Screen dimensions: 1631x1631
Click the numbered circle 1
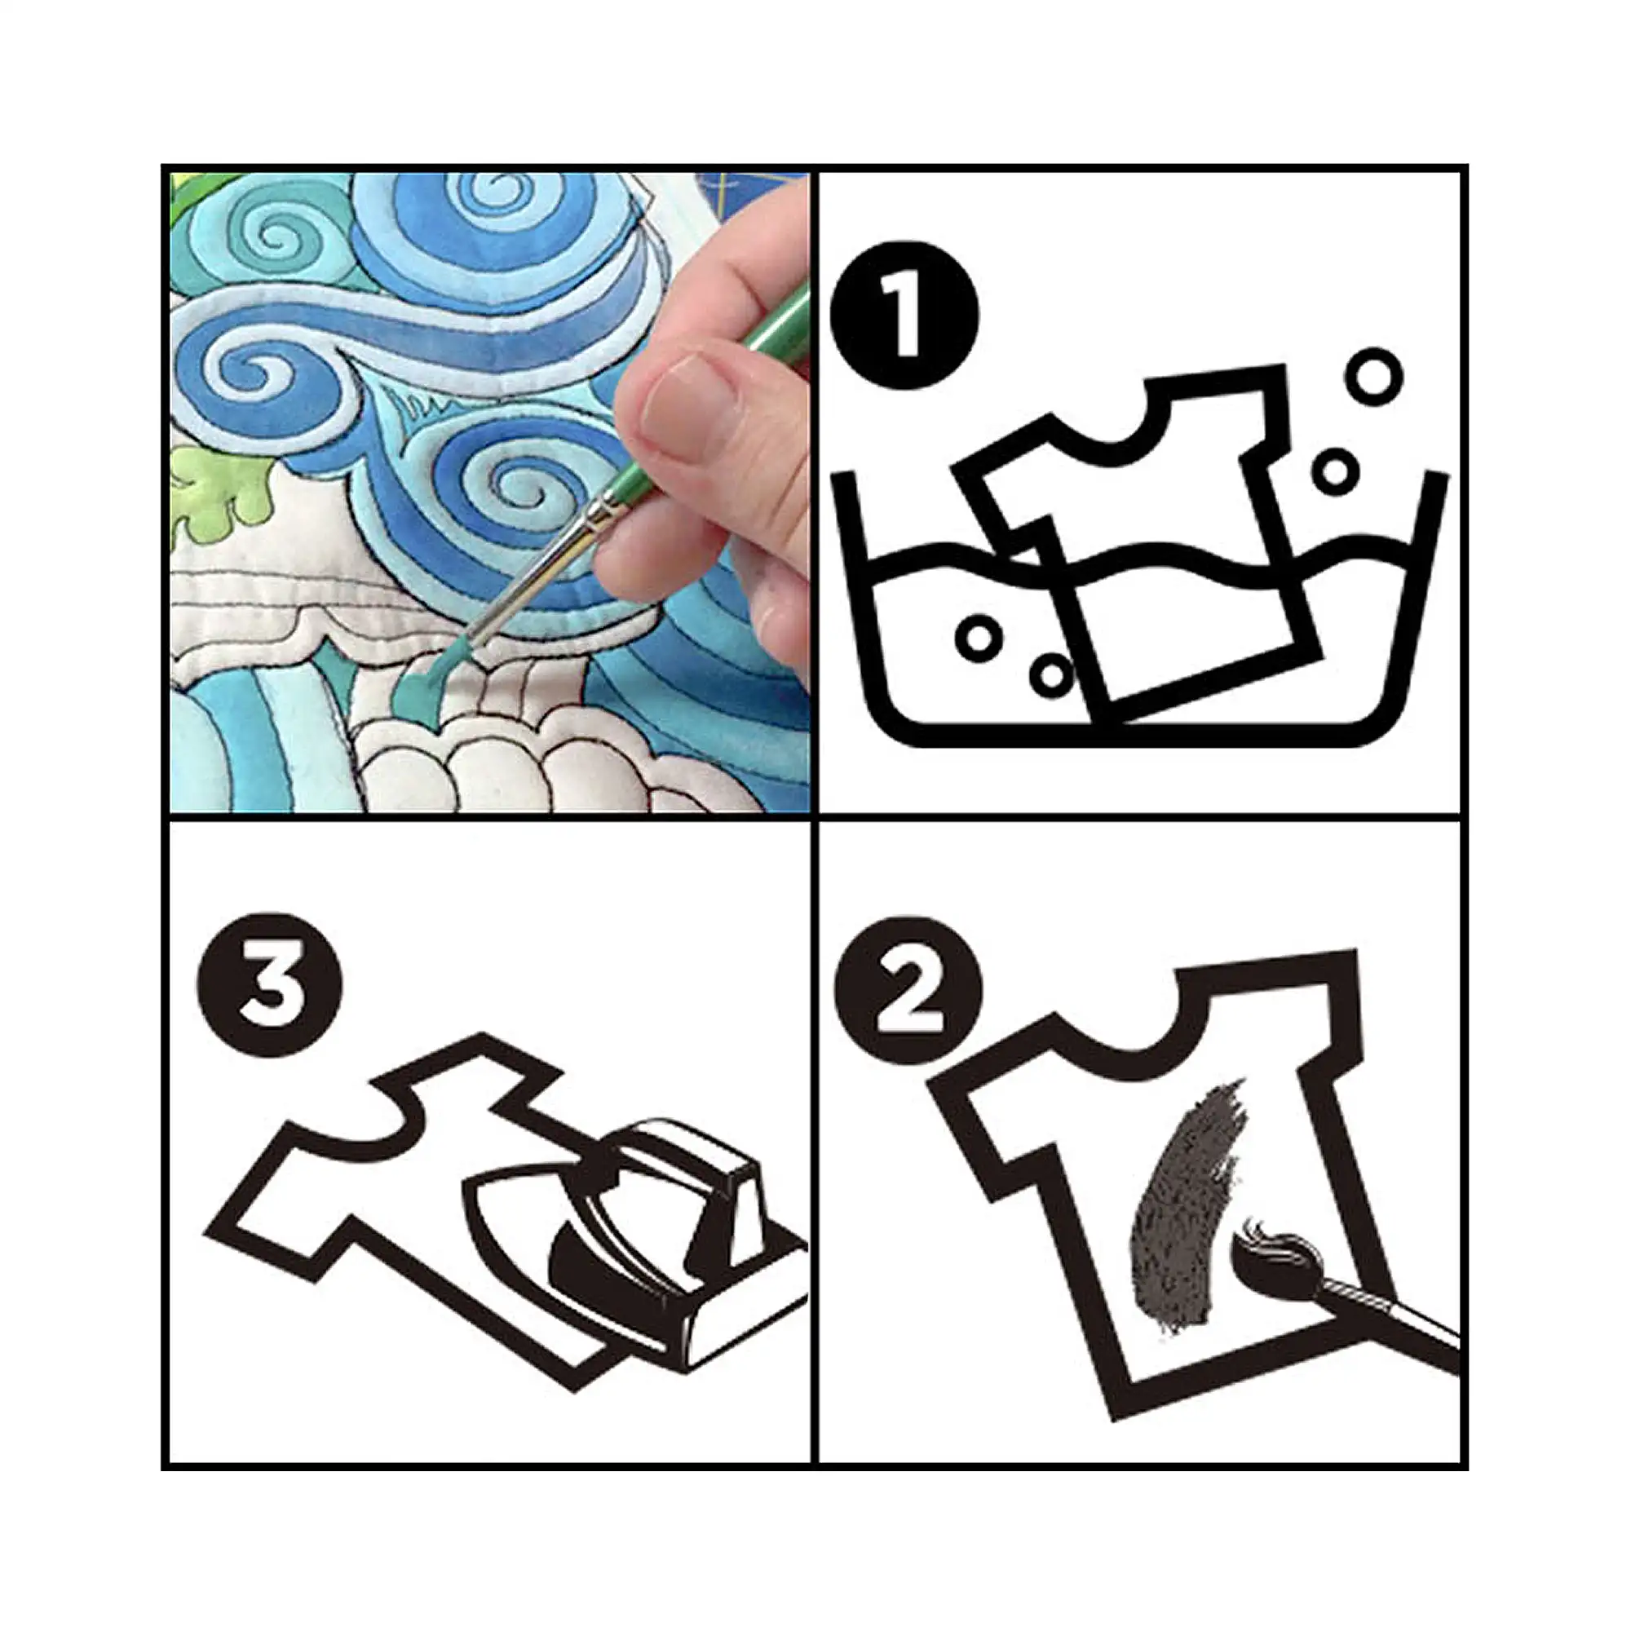(905, 315)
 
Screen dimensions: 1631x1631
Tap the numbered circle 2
(908, 989)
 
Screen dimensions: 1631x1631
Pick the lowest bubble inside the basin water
(1052, 674)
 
